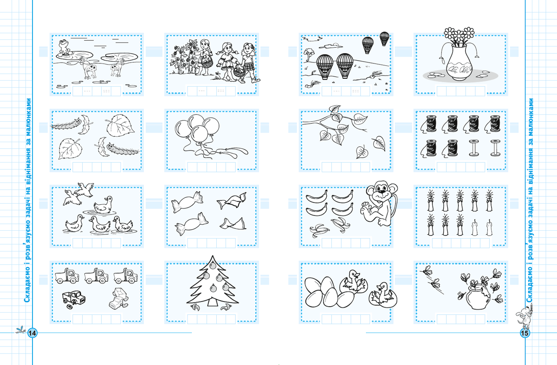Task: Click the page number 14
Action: point(32,333)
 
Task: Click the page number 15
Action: point(525,333)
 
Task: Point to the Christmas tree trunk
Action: point(213,302)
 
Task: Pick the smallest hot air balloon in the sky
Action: point(384,38)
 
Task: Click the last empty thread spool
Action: point(495,148)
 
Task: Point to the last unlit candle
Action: point(489,227)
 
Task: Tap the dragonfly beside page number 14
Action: point(20,330)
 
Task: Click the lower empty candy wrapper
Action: point(233,224)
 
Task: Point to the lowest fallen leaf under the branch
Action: point(362,152)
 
